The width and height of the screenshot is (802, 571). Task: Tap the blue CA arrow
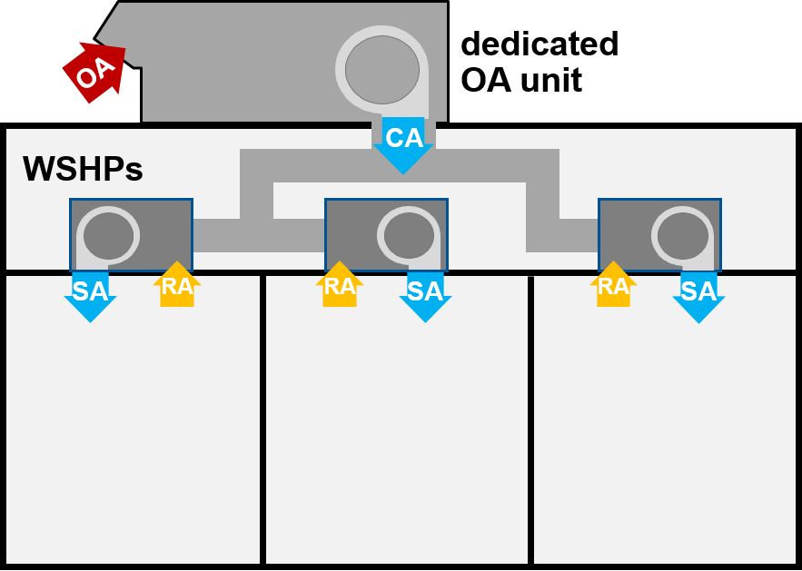(403, 143)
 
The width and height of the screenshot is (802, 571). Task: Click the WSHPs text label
(83, 169)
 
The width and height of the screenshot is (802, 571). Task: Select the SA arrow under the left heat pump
(90, 294)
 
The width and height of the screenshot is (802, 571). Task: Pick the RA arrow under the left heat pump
(177, 286)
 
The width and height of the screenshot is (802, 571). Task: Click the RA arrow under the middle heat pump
(340, 286)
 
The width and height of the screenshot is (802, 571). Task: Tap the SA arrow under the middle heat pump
(425, 294)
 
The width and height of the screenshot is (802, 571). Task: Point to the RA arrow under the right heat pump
(614, 286)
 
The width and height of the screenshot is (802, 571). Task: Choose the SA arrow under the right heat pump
(698, 294)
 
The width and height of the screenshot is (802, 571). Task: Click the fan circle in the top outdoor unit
(382, 70)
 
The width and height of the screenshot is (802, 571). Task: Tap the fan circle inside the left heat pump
(108, 236)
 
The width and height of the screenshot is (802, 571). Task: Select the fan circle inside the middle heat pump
(409, 236)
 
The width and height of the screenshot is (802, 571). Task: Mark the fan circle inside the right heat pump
(682, 236)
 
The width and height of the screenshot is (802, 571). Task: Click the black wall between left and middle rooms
(262, 418)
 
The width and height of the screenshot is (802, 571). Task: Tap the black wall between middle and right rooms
(530, 418)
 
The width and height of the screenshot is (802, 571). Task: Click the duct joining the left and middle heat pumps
(259, 235)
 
